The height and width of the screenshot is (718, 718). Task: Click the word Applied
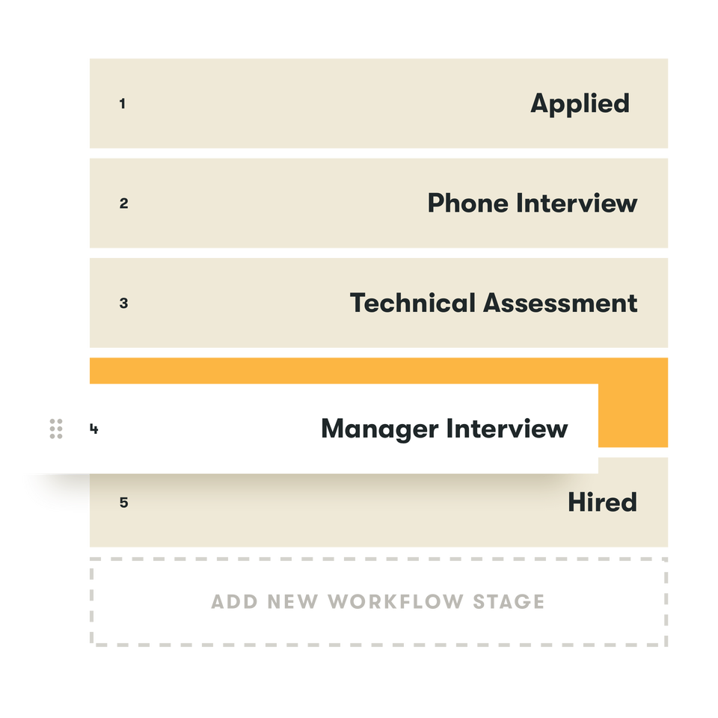point(580,104)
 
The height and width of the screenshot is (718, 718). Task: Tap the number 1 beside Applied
point(123,104)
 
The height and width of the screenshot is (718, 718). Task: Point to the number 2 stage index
point(123,203)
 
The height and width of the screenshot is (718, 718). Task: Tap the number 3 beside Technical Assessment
point(123,304)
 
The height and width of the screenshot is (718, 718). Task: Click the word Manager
point(379,429)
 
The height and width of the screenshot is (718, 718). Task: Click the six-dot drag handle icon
point(56,429)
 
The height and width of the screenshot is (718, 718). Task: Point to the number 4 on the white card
point(93,429)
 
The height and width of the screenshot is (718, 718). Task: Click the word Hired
point(602,502)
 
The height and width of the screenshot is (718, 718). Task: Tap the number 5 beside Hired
point(123,503)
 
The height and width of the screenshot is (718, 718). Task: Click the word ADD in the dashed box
point(233,601)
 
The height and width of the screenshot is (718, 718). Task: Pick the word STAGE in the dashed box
point(509,601)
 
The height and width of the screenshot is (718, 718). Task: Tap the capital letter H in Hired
point(577,502)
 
